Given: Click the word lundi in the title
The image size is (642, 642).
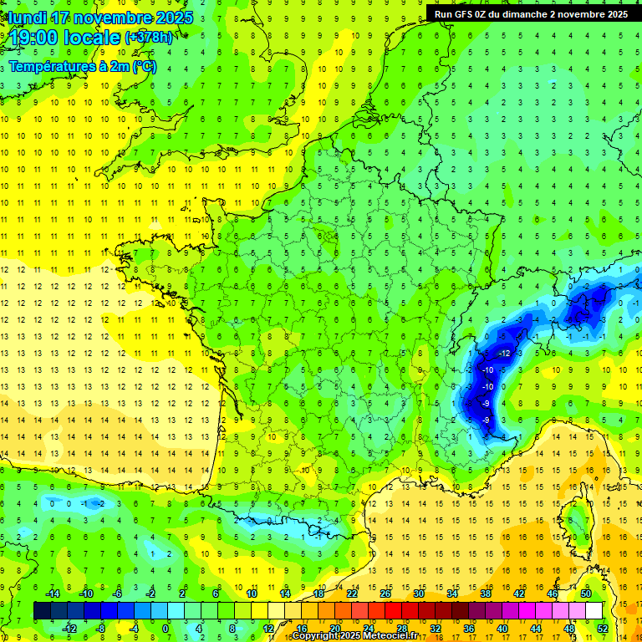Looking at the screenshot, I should tap(28, 18).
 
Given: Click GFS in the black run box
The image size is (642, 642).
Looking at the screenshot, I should tap(474, 13).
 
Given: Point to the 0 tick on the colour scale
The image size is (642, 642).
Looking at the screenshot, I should tap(166, 628).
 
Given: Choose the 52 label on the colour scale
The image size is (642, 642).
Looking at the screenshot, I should tap(602, 628).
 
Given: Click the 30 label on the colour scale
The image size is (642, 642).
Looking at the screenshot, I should tap(418, 593).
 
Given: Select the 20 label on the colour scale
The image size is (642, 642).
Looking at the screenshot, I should tap(334, 628).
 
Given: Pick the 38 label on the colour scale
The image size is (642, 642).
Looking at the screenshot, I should tap(485, 593).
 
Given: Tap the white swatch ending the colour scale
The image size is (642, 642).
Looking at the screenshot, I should tap(594, 610).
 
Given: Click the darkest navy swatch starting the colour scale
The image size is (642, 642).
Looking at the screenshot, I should tap(42, 610).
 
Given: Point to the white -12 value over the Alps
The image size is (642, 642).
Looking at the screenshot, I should tap(504, 354).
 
